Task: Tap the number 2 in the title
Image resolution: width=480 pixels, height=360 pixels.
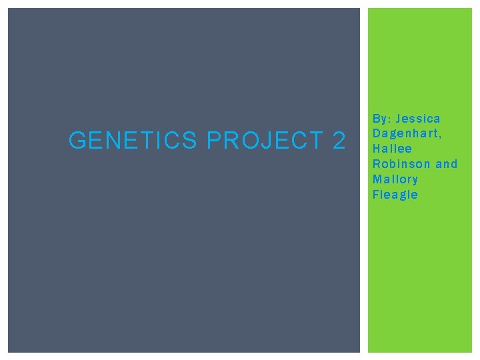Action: [338, 141]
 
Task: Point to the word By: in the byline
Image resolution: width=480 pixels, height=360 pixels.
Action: [381, 119]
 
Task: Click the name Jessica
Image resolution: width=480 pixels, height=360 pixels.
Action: [418, 119]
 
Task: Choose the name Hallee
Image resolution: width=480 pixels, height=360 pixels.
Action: [393, 149]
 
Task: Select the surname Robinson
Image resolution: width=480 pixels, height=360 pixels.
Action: [402, 164]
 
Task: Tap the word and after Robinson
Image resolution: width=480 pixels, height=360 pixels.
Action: [447, 164]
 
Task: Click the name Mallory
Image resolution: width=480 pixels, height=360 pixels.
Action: [395, 179]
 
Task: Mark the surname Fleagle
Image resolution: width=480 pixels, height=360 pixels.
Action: [395, 195]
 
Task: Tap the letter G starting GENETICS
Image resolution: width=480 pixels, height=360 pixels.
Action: [77, 141]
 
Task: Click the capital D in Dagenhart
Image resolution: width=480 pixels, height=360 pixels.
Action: [377, 133]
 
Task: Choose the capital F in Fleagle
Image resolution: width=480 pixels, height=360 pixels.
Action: [376, 195]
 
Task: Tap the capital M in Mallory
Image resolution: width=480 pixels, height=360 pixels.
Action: [378, 179]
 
